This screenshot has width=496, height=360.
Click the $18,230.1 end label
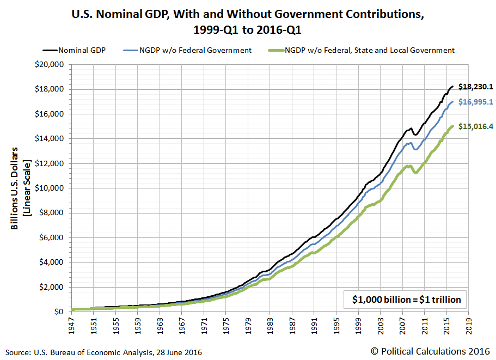pos(475,87)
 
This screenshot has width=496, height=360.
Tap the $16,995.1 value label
pos(475,102)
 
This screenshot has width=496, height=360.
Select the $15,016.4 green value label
pos(475,126)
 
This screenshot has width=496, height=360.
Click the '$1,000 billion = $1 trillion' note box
pos(406,299)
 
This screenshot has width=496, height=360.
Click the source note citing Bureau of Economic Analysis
pos(103,352)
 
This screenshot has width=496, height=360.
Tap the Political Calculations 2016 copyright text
pos(430,351)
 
